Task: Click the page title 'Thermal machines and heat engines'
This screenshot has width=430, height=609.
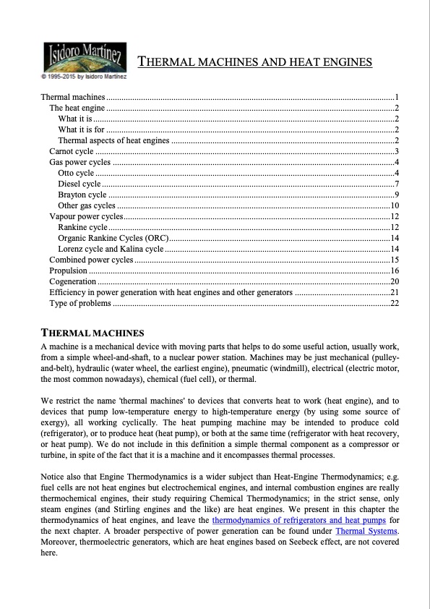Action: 255,62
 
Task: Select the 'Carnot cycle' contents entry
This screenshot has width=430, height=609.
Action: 71,151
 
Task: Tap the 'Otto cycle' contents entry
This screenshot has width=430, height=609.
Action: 76,173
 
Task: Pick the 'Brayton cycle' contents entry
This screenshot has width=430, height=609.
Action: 82,195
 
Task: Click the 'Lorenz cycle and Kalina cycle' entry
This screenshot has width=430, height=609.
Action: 111,248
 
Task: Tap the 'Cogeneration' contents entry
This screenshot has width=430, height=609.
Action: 72,281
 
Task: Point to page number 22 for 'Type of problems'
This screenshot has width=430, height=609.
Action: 395,302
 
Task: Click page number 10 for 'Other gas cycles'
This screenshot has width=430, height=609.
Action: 395,205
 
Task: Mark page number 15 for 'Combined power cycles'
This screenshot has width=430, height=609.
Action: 395,259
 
